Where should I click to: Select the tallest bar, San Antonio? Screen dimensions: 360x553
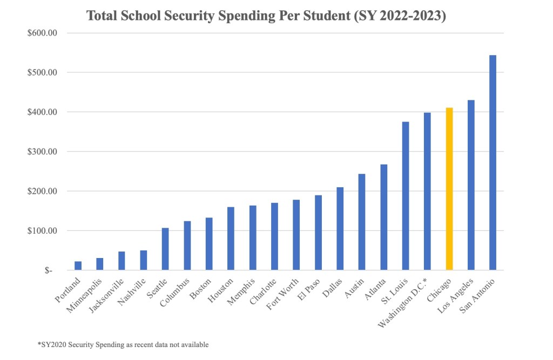click(x=493, y=162)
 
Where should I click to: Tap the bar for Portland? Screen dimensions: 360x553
click(x=78, y=266)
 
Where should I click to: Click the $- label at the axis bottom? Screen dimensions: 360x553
click(x=49, y=270)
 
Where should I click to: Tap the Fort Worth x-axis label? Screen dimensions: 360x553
click(x=283, y=291)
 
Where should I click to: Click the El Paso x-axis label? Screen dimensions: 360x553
click(x=308, y=288)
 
